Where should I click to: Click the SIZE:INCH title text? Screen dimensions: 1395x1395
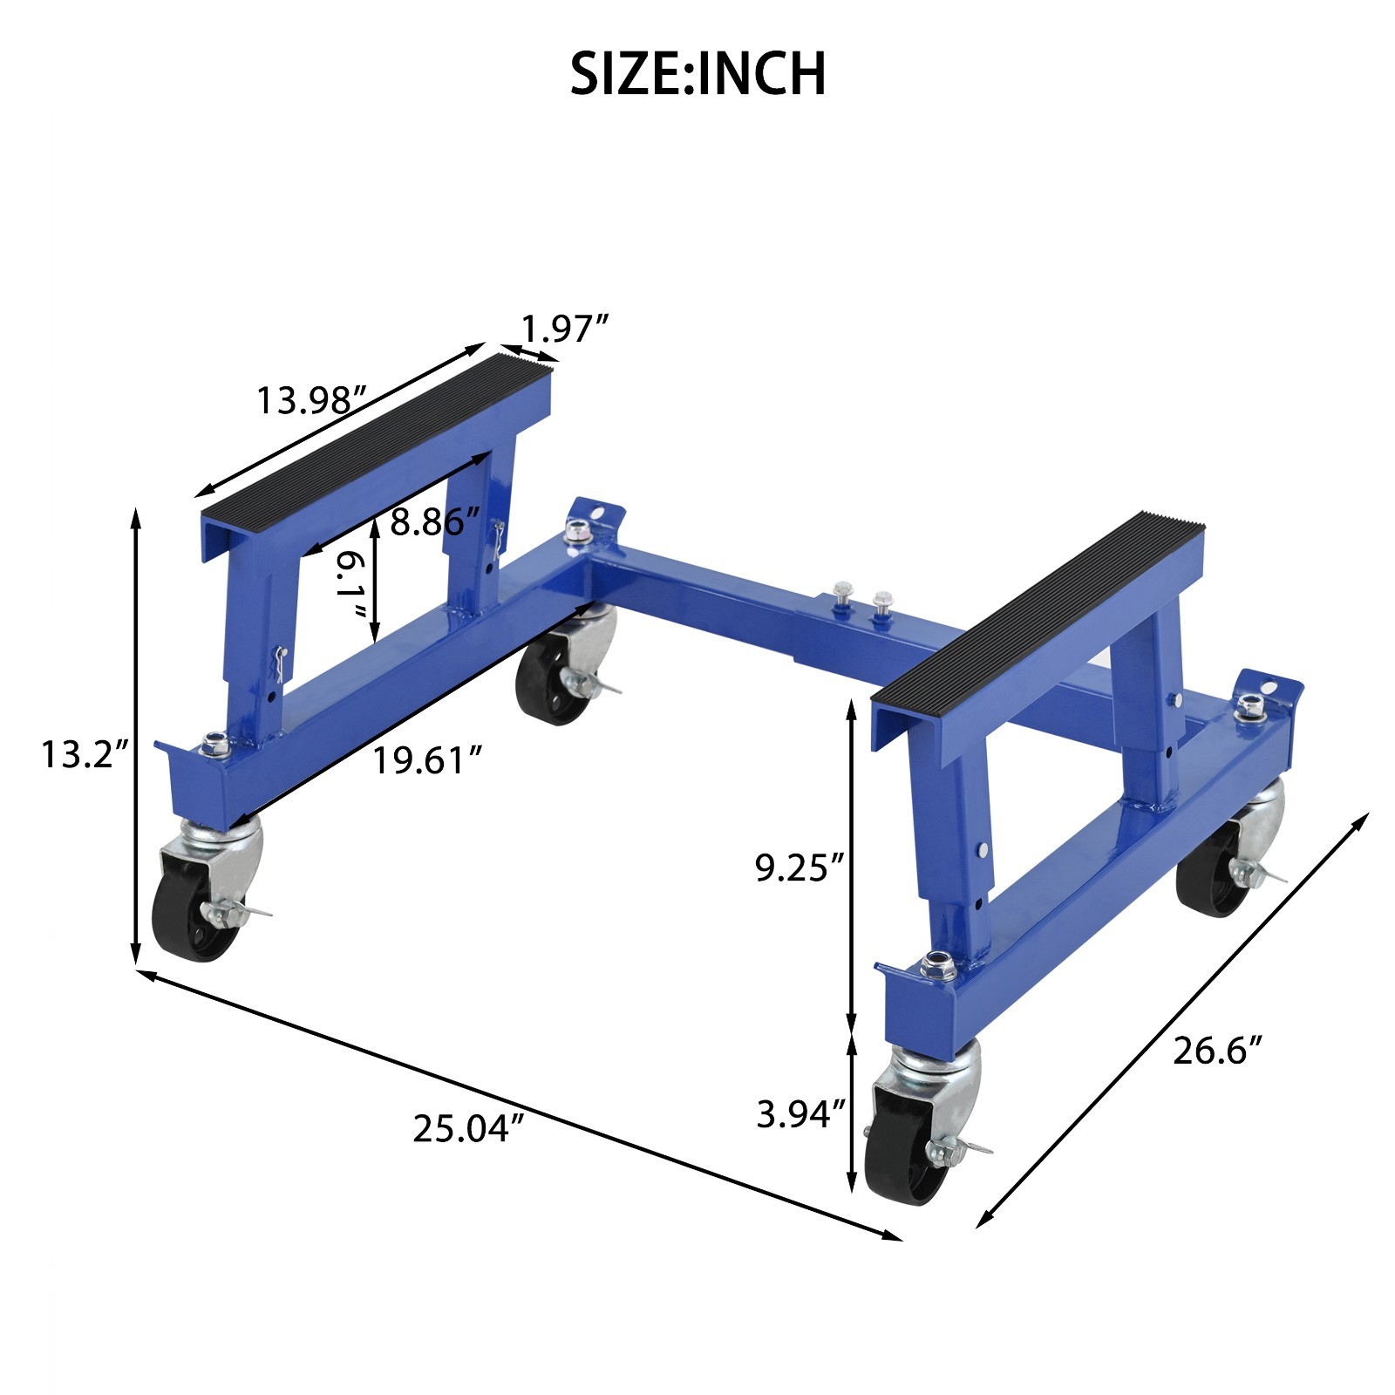(697, 73)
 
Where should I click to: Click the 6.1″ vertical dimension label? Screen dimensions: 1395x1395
(351, 582)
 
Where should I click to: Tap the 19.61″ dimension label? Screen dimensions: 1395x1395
(427, 760)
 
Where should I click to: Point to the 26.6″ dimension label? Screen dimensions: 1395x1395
(1217, 1051)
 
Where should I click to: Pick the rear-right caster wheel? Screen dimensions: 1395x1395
(1212, 881)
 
